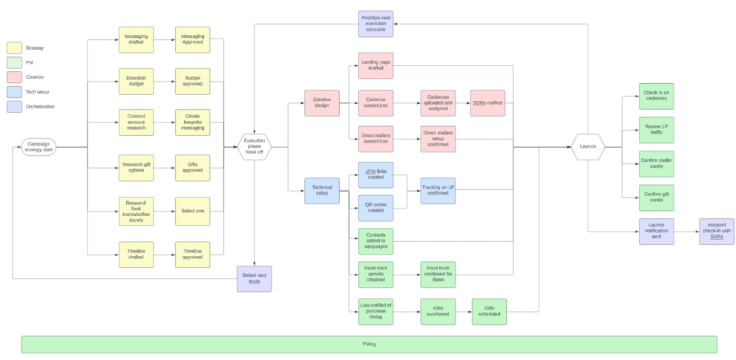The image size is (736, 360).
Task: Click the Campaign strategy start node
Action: coord(38,147)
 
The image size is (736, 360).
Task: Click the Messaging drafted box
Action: coord(136,39)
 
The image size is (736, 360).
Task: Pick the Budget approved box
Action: coord(192,80)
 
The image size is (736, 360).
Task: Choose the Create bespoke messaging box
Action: coord(192,122)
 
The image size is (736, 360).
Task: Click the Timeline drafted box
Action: coord(136,254)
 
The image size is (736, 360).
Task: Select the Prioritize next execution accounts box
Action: coord(375,23)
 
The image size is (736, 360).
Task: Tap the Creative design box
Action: coord(322,103)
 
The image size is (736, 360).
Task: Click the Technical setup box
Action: coord(322,191)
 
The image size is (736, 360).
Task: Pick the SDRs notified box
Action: coord(487,103)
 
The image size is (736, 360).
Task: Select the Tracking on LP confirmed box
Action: coord(438,190)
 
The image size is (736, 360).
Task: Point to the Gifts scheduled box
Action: coord(489,310)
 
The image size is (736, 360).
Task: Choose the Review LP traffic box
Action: coord(656,129)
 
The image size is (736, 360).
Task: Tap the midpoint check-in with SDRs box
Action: coord(716,232)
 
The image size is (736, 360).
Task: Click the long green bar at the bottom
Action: coord(369,344)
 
